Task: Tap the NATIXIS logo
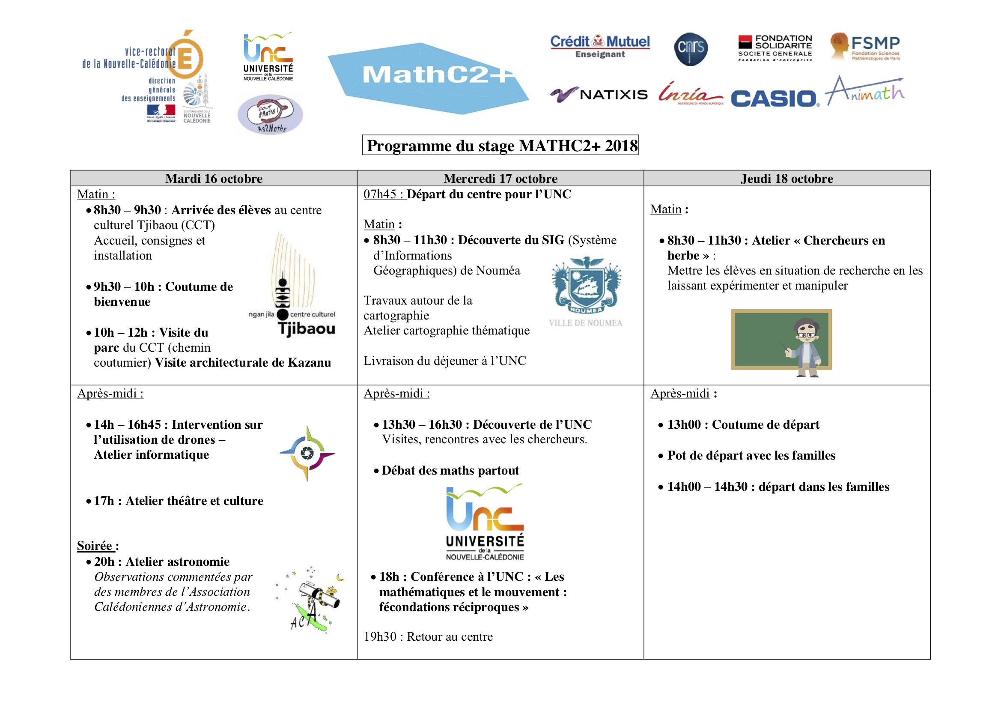point(599,94)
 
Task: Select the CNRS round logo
point(691,48)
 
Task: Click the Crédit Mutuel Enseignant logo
point(600,46)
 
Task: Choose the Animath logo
point(865,92)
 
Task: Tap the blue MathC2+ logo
point(429,78)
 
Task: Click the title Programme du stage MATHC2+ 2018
point(500,145)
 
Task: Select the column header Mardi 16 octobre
point(214,179)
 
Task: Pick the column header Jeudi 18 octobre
point(786,179)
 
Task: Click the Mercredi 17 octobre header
point(500,179)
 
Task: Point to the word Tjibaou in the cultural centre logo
point(307,329)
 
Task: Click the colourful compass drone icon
point(307,453)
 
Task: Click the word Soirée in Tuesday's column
point(95,546)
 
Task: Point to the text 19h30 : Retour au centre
point(428,636)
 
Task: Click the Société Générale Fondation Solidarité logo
point(775,48)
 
